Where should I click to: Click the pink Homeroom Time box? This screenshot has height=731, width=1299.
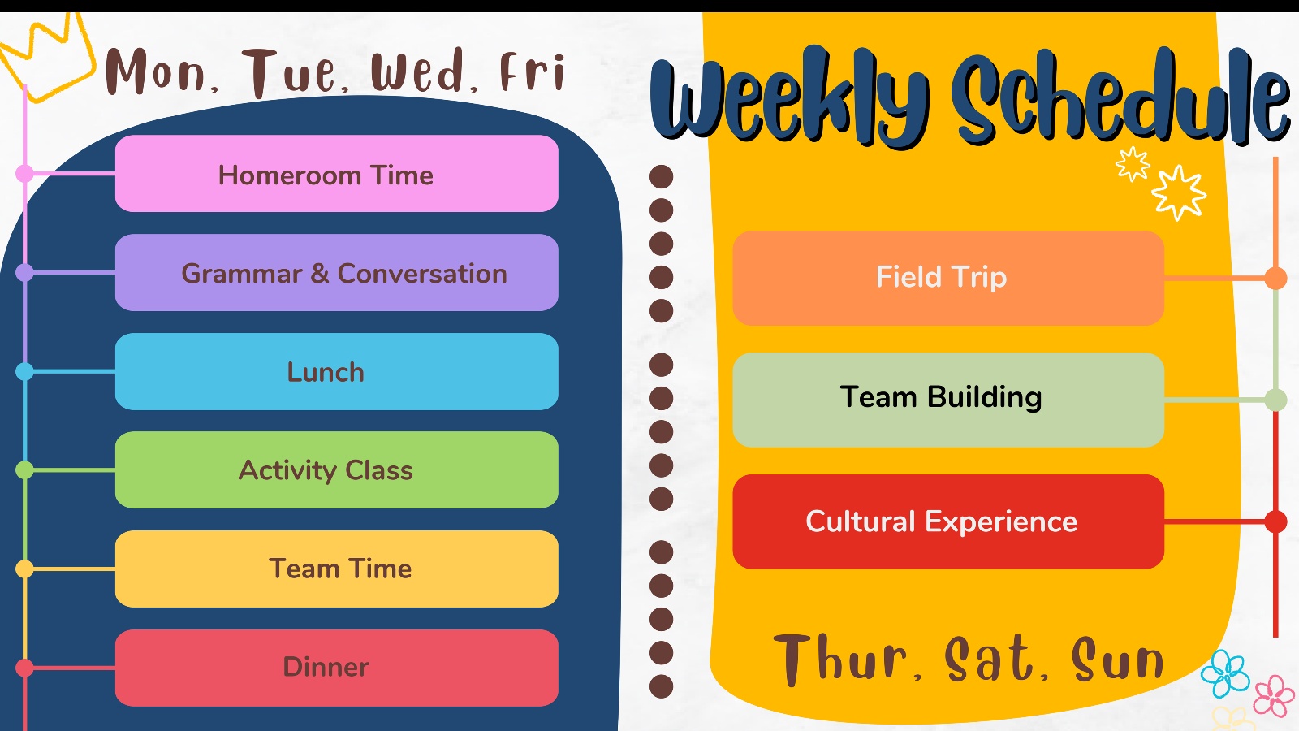[337, 174]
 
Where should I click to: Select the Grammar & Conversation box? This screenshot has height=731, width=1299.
[337, 273]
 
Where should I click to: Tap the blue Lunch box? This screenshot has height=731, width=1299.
[337, 371]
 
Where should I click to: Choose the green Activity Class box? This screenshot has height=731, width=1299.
[337, 470]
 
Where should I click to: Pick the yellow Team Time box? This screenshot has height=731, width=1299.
[337, 569]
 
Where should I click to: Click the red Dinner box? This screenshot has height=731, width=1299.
[337, 668]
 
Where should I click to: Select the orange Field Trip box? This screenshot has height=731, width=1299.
[949, 278]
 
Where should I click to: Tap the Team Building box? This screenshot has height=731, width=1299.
[949, 400]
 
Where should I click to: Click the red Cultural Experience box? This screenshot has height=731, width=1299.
[949, 521]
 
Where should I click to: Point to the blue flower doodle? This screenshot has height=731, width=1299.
[1225, 673]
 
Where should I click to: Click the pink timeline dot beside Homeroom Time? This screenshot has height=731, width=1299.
[24, 173]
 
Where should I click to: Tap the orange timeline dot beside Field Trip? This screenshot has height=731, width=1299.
[1275, 278]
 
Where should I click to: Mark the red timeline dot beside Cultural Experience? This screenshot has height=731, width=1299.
[1275, 521]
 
